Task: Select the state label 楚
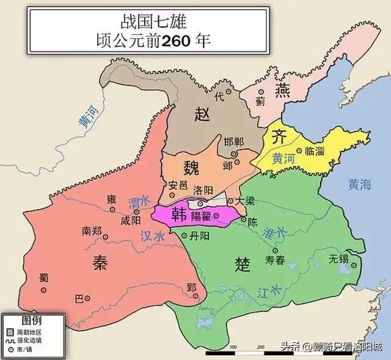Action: click(243, 263)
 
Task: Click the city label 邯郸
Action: click(233, 142)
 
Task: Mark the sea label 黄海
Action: click(360, 184)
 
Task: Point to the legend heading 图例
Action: click(31, 320)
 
